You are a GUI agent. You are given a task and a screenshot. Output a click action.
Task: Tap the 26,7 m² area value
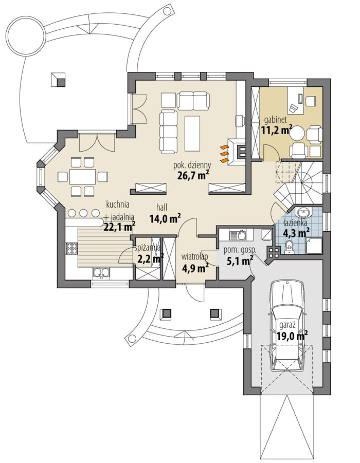[193, 175]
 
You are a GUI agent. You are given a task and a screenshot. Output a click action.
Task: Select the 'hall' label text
[162, 208]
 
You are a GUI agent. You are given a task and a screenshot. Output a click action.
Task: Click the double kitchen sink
[101, 273]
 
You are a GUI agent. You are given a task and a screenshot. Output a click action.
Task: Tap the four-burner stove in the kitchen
[72, 248]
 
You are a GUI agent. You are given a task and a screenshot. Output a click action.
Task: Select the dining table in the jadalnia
[82, 177]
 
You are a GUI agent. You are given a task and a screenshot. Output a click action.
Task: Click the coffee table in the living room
[192, 133]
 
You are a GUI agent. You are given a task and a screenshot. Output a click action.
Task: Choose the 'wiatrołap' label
[195, 257]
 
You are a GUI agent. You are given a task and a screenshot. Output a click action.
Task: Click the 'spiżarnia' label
[147, 248]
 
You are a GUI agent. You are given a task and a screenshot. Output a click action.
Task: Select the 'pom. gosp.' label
[240, 250]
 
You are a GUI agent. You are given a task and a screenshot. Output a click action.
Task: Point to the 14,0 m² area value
[165, 219]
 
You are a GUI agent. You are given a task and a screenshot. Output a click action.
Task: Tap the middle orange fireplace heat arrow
[224, 154]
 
